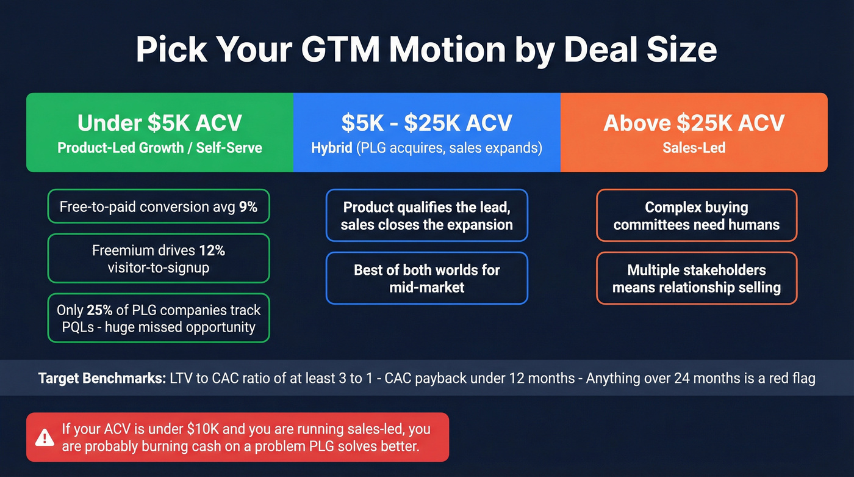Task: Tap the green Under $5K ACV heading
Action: (x=159, y=123)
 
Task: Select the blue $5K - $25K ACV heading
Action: (x=426, y=123)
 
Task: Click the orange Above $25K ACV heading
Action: (x=694, y=123)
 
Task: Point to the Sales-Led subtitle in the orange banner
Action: (x=694, y=148)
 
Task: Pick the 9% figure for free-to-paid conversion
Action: (x=248, y=207)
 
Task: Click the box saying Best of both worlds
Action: (x=426, y=278)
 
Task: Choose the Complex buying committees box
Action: (x=696, y=216)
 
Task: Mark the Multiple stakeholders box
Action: (x=696, y=278)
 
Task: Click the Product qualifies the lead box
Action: (x=426, y=216)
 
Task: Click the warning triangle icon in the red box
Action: (x=45, y=437)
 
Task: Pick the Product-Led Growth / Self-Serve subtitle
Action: (x=159, y=148)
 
